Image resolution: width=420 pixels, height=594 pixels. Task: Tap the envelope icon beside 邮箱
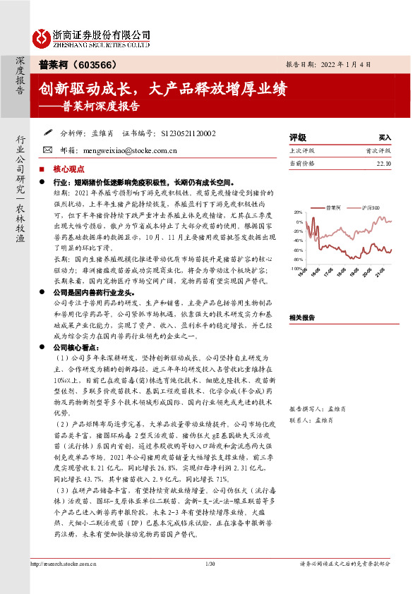[47, 150]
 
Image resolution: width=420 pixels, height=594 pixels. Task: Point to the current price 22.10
[383, 163]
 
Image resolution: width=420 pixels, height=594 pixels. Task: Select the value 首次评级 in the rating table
[378, 150]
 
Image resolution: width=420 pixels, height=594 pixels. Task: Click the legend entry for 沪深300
[371, 207]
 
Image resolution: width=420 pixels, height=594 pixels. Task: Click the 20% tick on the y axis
[298, 212]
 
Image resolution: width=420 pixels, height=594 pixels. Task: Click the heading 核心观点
[68, 169]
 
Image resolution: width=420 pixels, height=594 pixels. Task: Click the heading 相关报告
[304, 298]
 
